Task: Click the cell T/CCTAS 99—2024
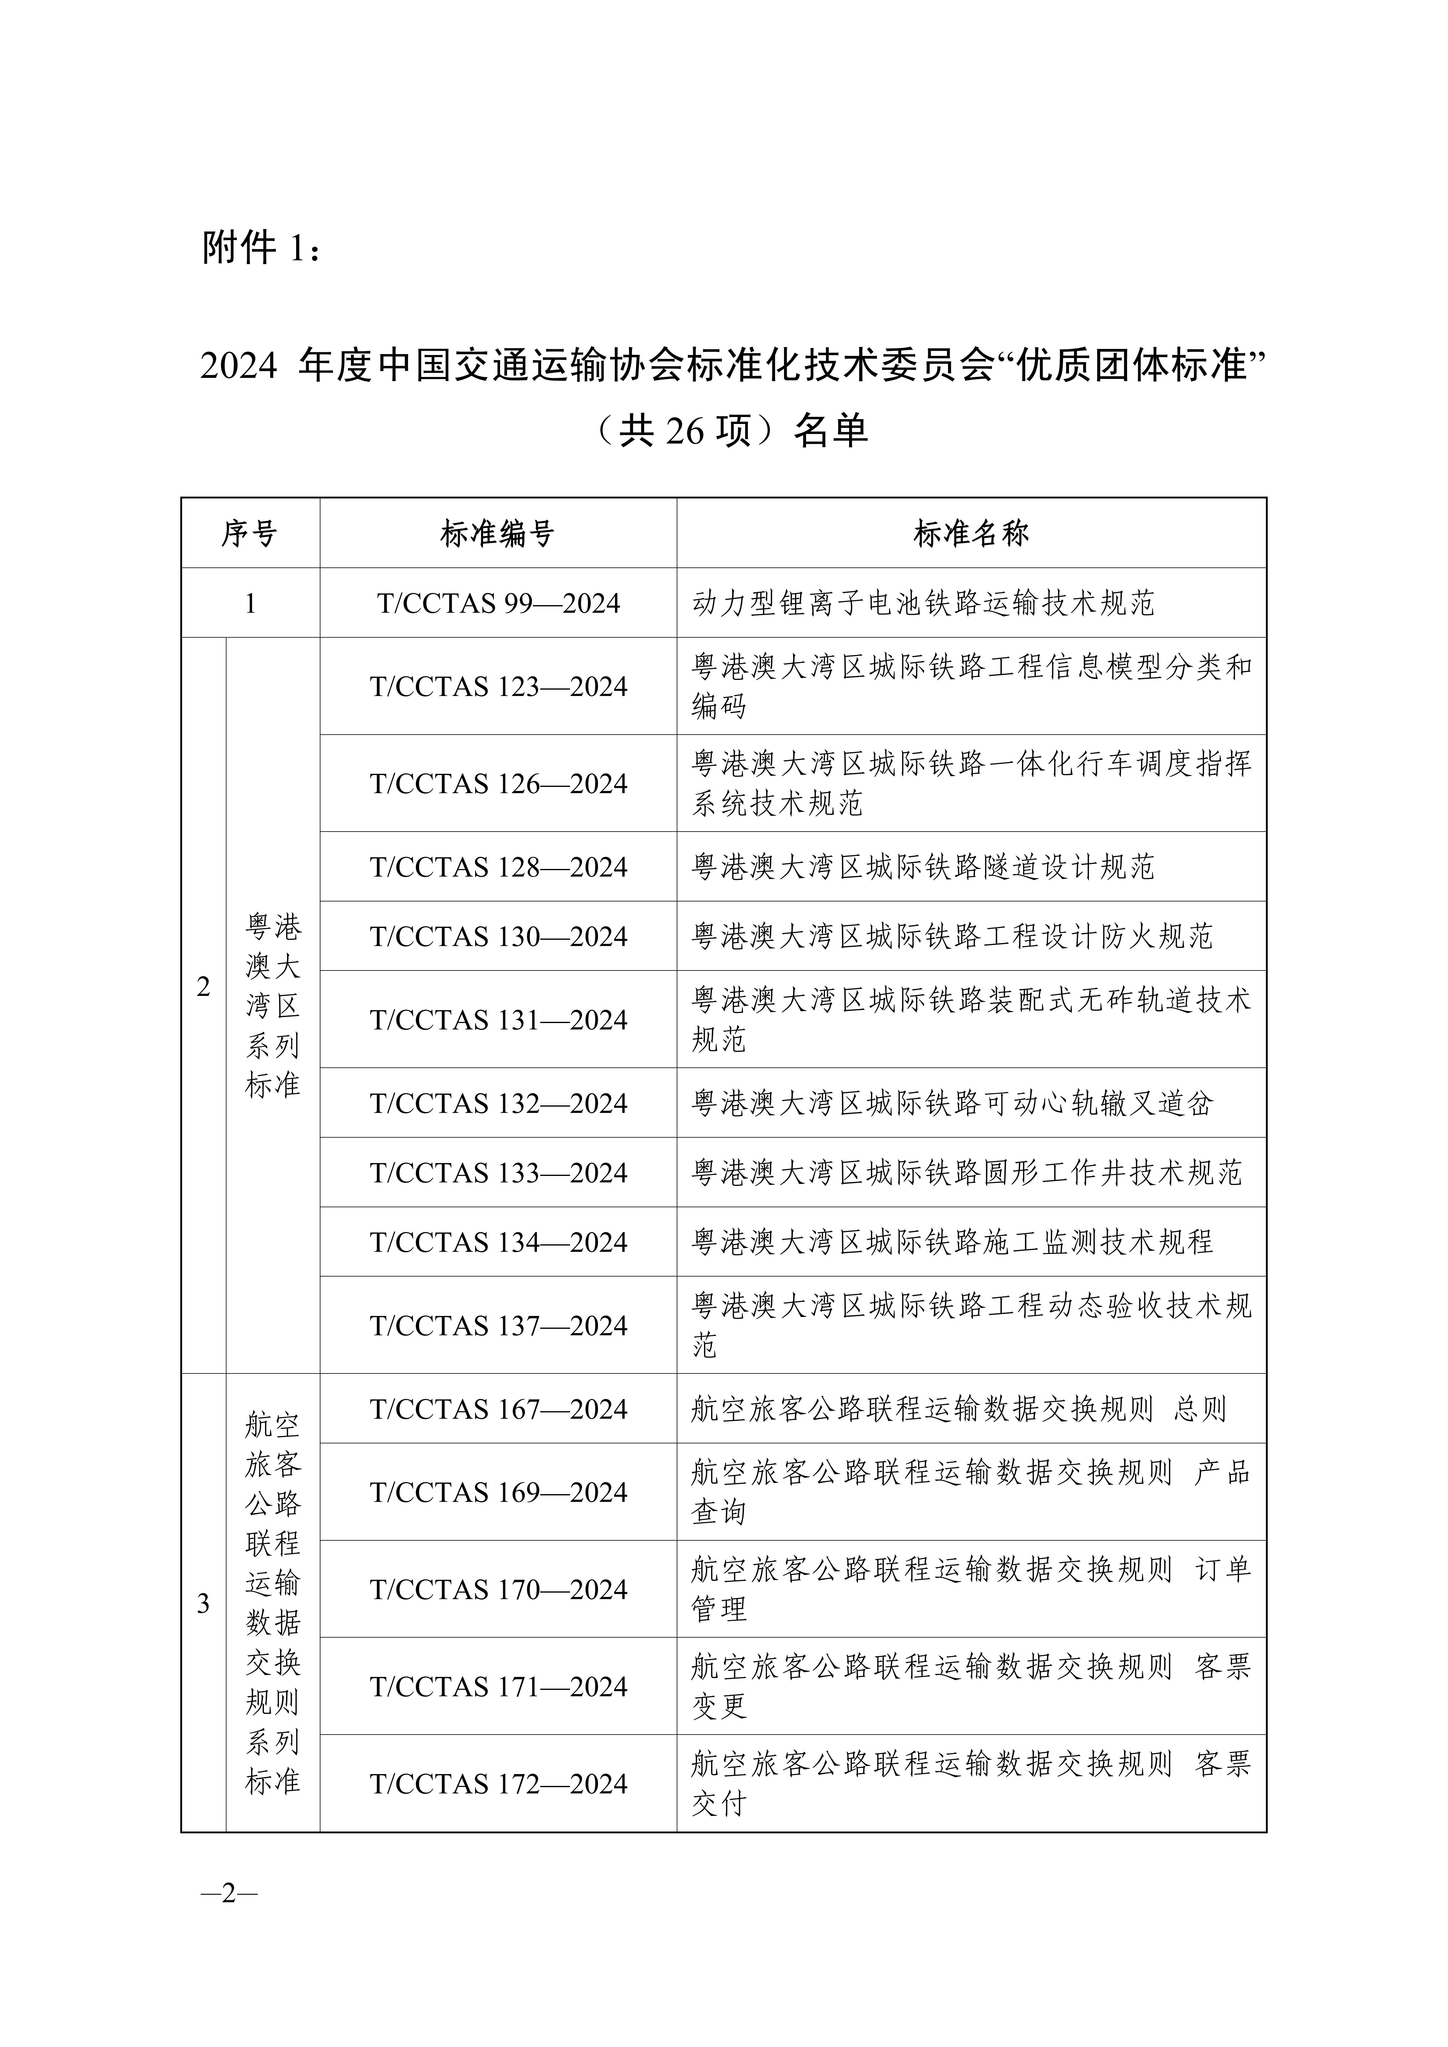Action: (498, 604)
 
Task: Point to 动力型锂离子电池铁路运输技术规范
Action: (923, 604)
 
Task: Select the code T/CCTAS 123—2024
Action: (498, 687)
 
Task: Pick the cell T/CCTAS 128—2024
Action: (498, 867)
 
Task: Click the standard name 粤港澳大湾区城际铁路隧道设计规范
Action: (923, 867)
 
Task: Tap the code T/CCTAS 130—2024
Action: (498, 936)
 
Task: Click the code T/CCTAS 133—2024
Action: (498, 1172)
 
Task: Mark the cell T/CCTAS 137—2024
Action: (498, 1326)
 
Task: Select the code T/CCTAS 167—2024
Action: (498, 1409)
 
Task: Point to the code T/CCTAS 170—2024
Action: (498, 1589)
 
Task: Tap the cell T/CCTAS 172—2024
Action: (498, 1783)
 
